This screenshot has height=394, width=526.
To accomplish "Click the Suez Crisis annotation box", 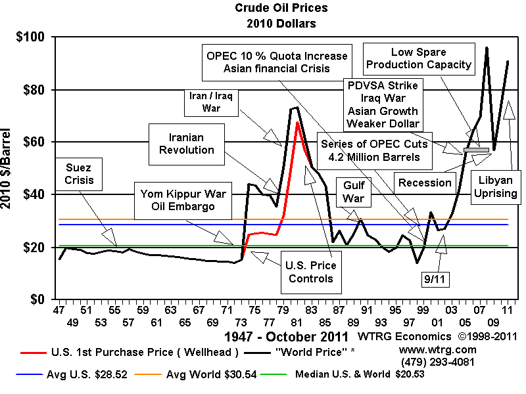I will click(75, 173).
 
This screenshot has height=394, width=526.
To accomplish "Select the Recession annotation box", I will click(425, 183).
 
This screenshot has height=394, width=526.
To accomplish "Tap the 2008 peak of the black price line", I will click(487, 47).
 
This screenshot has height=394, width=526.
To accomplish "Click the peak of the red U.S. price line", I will click(297, 122).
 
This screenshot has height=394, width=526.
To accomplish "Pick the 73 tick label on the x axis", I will click(242, 308).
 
